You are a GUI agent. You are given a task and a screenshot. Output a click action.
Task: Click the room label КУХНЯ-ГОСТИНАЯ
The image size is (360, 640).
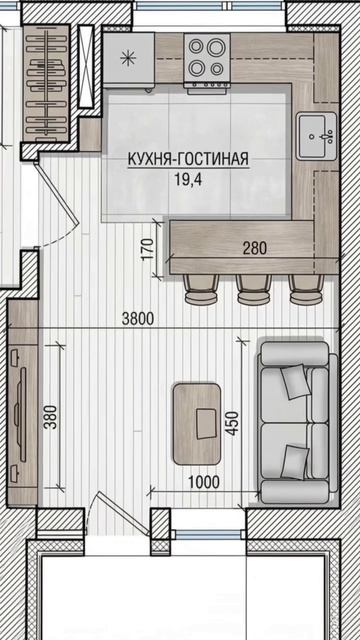tap(188, 160)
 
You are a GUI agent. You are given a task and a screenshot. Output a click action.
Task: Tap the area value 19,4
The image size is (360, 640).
tap(188, 179)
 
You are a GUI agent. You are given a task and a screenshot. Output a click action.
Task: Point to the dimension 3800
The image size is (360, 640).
tap(138, 318)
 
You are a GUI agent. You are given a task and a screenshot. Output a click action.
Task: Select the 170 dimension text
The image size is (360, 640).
tap(148, 249)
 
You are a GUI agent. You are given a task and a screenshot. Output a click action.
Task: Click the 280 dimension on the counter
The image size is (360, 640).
tap(254, 248)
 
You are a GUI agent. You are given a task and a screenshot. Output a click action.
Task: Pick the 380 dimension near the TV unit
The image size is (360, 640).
tap(51, 417)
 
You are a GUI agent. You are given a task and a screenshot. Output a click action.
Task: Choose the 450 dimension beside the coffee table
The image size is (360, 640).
tap(232, 423)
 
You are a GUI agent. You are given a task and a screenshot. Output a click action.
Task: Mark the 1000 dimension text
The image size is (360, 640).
tap(204, 482)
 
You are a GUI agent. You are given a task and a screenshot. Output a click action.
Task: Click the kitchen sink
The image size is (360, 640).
tap(316, 136)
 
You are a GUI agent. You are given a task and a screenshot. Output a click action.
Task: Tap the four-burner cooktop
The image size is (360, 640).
tap(207, 58)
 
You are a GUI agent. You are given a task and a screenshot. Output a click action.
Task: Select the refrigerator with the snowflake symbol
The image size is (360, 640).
tap(129, 60)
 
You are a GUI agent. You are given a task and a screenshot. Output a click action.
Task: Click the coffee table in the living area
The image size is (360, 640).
tap(197, 424)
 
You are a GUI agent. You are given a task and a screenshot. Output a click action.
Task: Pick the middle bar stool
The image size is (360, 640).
tap(253, 290)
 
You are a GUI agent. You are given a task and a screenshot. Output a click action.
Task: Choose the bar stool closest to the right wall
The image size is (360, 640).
tap(307, 290)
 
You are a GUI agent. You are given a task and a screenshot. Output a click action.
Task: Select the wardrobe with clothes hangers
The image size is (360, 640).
tap(46, 84)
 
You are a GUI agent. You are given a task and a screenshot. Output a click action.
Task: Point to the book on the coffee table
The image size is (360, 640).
tap(206, 424)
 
